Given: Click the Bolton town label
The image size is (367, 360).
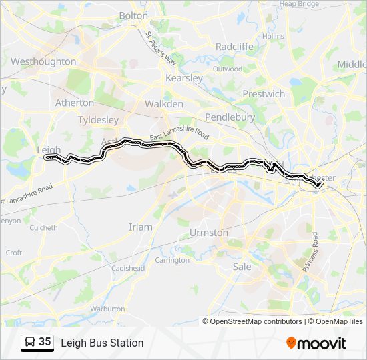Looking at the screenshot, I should click(x=134, y=15).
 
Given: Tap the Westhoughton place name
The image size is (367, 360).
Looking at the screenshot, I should click(x=43, y=61).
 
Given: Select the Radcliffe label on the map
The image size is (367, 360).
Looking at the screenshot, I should click(x=233, y=46).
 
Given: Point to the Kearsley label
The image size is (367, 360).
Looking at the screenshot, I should click(x=183, y=78).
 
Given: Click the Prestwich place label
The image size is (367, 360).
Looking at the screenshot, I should click(x=263, y=94).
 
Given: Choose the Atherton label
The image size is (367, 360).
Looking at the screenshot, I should click(x=74, y=103).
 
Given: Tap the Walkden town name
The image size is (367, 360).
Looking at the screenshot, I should click(x=163, y=104).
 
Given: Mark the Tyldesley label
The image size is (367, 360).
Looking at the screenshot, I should click(x=98, y=120).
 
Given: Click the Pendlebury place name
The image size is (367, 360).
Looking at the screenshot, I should click(x=230, y=117).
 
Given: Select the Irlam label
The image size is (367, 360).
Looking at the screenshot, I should click(x=140, y=227).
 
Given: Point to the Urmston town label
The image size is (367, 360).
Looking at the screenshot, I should click(x=209, y=233).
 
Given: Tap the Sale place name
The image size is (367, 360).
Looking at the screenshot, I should click(x=242, y=267).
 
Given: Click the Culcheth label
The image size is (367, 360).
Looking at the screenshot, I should click(x=43, y=227).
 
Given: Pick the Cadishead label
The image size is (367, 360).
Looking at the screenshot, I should click(x=128, y=268).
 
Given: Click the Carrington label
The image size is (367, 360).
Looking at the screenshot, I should click(x=171, y=260).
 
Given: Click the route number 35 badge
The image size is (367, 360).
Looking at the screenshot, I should click(x=37, y=343).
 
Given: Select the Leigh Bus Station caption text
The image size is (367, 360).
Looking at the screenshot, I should click(x=102, y=343).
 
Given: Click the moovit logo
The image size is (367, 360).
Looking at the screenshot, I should click(x=316, y=343).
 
